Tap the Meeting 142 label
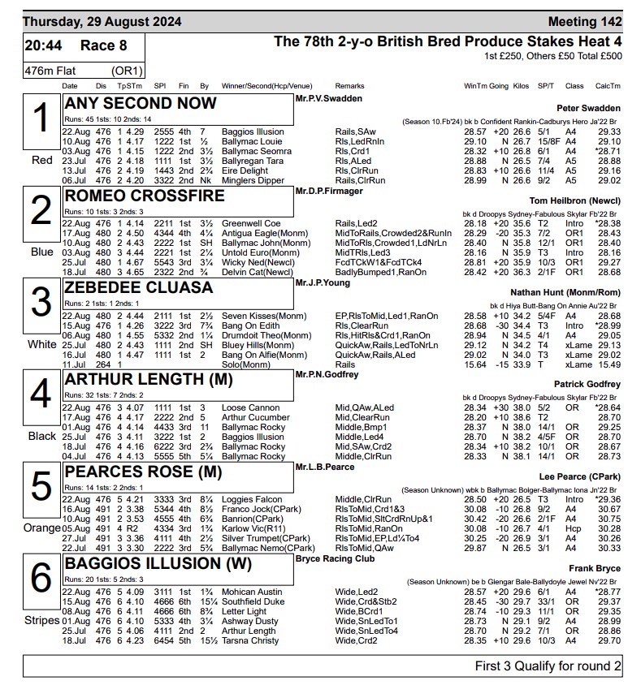click(x=585, y=21)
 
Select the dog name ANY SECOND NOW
click(x=141, y=104)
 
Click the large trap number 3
click(x=41, y=302)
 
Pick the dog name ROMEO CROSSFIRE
click(x=145, y=196)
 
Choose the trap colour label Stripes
click(x=41, y=621)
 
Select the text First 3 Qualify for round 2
click(x=548, y=666)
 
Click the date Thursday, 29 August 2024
click(x=102, y=21)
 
